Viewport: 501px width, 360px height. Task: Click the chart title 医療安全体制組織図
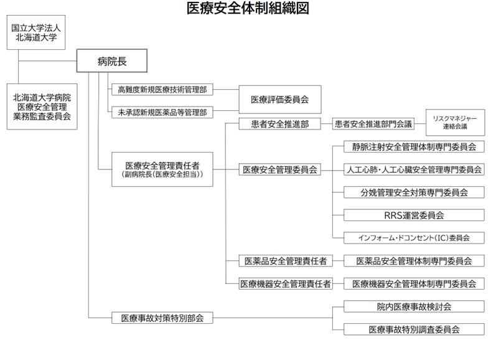248,8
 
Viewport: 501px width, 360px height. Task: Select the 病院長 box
112,61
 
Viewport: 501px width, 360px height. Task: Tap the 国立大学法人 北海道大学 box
36,32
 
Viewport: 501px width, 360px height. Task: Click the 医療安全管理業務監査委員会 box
42,107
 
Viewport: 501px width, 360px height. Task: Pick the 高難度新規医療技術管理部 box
162,90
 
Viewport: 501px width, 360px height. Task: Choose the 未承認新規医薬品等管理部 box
162,112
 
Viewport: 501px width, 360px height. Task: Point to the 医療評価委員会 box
280,100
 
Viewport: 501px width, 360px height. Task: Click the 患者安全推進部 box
280,124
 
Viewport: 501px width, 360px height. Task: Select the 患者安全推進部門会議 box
373,124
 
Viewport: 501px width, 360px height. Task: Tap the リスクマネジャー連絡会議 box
456,123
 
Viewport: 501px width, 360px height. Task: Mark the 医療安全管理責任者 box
162,169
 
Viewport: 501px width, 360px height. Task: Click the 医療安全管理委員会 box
280,169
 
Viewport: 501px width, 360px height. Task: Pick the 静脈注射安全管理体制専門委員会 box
414,147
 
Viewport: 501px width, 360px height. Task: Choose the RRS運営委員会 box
414,215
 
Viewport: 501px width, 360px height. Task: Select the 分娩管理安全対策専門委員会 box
414,192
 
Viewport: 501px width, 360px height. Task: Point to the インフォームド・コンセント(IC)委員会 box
414,238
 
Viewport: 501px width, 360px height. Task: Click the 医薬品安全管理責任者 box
286,261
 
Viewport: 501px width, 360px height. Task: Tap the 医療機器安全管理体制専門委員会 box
414,283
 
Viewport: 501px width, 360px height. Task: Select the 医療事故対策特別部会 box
162,318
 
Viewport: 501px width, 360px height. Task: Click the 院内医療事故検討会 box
414,306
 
